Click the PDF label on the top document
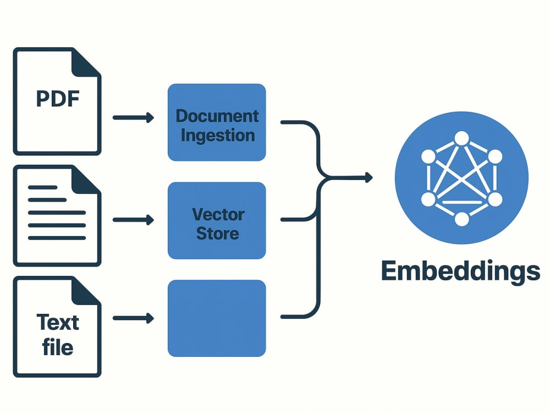point(58,99)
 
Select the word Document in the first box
point(217,116)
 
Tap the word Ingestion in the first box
point(217,136)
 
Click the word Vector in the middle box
point(218,214)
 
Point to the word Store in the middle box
point(217,233)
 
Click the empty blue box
point(217,318)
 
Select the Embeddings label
point(460,271)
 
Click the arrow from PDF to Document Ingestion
point(133,118)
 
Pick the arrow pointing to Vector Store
point(133,220)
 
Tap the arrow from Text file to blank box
point(133,318)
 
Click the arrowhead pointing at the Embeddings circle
point(369,178)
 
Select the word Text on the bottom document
point(58,322)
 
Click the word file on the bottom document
point(58,347)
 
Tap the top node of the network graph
point(461,138)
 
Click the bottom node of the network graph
point(461,219)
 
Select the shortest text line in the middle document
point(42,188)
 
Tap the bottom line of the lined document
point(57,238)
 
